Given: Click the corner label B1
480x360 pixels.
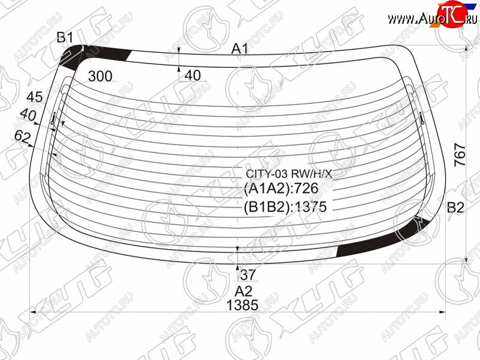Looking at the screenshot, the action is pyautogui.click(x=65, y=37).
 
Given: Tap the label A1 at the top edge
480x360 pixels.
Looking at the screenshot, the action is pyautogui.click(x=239, y=49).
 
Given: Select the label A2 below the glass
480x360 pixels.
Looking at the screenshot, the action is pyautogui.click(x=244, y=291).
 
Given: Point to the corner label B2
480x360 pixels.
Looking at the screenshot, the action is pyautogui.click(x=455, y=208).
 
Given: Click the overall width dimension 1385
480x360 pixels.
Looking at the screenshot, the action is pyautogui.click(x=242, y=305).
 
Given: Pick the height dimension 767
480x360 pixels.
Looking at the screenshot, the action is pyautogui.click(x=460, y=155).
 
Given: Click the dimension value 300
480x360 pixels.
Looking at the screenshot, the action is pyautogui.click(x=100, y=76).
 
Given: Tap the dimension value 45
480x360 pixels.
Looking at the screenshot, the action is pyautogui.click(x=35, y=97).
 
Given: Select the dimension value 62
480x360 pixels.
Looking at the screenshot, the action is pyautogui.click(x=23, y=137).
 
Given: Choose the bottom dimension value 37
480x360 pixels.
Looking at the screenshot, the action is pyautogui.click(x=248, y=275).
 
